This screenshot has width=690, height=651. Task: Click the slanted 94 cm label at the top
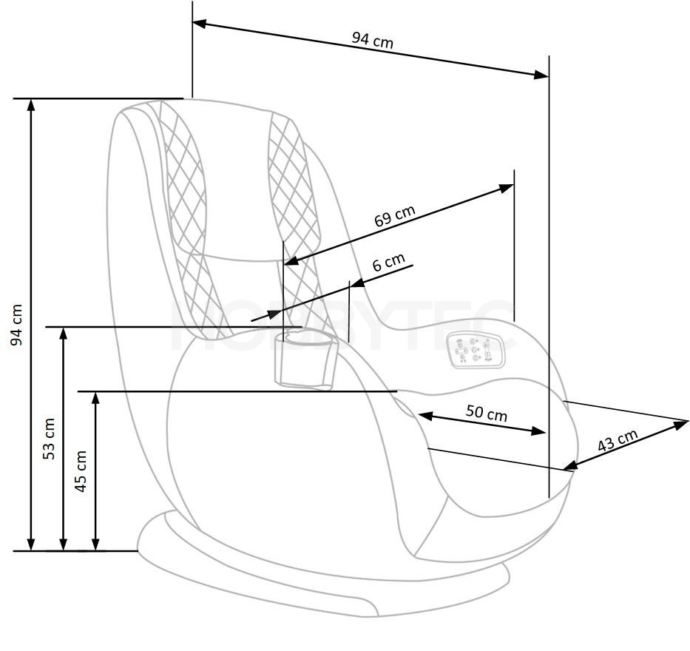[x=372, y=40]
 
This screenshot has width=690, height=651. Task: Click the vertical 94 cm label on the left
[x=16, y=325]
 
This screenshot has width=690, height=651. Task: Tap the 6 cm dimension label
[x=388, y=263]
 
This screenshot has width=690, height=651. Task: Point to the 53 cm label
[x=49, y=439]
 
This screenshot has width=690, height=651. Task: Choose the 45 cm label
[x=81, y=471]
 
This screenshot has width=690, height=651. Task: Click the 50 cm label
[x=487, y=413]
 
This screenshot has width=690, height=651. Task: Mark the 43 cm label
[x=618, y=440]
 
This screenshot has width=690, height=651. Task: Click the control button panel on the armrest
[x=476, y=349]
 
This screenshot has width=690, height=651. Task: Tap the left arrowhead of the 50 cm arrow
[x=425, y=415]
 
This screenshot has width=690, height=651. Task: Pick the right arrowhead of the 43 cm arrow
[x=681, y=424]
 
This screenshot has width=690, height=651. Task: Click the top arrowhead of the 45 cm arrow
[x=95, y=397]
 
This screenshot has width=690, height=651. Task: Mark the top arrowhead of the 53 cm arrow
[x=64, y=334]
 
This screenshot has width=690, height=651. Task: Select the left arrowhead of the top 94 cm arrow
[x=200, y=24]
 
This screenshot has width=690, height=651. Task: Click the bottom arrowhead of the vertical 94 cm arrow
[x=31, y=544]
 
